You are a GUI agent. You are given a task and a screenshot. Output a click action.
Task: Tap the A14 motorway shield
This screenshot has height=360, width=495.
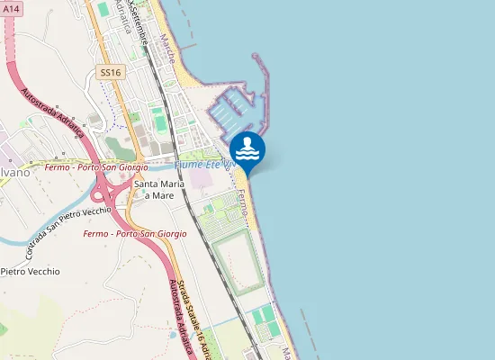click(x=12, y=7)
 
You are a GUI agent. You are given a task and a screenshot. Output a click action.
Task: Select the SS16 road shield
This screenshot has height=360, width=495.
click(x=111, y=71)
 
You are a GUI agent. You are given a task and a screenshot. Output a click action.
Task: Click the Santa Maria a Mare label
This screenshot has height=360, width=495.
click(x=154, y=189)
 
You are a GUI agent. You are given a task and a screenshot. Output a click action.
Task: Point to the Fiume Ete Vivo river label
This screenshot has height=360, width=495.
click(x=204, y=166)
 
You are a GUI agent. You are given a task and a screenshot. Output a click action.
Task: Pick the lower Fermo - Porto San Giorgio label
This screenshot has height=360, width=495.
click(x=134, y=234)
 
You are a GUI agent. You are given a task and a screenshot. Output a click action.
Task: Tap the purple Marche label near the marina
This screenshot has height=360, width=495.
click(x=167, y=50)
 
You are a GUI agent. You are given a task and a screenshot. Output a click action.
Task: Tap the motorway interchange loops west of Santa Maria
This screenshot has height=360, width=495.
click(x=106, y=192)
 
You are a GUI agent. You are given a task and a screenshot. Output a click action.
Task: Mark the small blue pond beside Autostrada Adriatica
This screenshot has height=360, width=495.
click(x=172, y=336)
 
